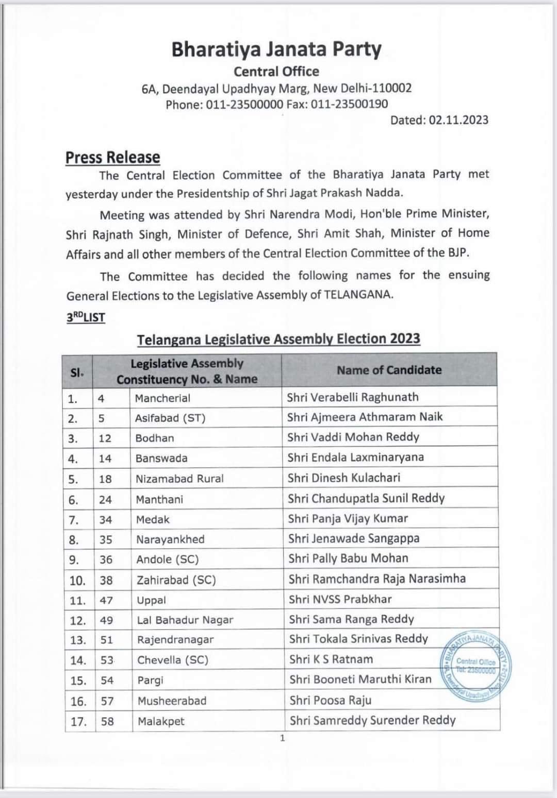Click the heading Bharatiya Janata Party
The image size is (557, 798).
coord(276,49)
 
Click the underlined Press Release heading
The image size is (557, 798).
coord(112,157)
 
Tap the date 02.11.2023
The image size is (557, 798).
coord(458,120)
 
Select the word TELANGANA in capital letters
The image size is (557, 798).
coord(358,295)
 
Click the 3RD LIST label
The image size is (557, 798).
coord(86,317)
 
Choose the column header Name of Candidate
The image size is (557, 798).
coord(389,370)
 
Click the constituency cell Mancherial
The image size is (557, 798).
coord(162,398)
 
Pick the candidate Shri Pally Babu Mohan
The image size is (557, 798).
coord(348,558)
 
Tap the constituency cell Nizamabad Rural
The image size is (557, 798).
coord(179,479)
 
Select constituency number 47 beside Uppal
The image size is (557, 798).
coord(106,600)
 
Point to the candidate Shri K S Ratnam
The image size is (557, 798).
coord(331,659)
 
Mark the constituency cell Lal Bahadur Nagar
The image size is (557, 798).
coord(185,620)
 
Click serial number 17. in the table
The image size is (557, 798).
coord(78,722)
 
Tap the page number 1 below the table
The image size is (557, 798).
coord(282,738)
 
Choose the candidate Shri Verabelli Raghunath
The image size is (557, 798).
coord(353,397)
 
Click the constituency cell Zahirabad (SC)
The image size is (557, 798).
coord(176,580)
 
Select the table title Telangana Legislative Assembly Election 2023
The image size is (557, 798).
coord(278,339)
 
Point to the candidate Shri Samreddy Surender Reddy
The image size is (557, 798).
coord(372,720)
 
